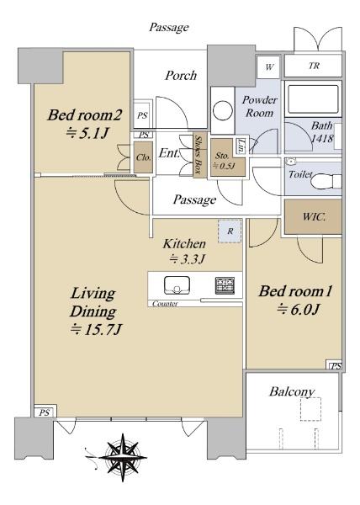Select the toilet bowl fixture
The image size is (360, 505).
click(x=325, y=178)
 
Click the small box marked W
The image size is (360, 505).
click(x=269, y=66)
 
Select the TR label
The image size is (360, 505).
click(x=314, y=66)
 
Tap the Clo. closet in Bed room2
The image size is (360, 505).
click(x=142, y=157)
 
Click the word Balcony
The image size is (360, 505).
click(x=292, y=392)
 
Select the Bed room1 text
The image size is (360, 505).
click(x=295, y=292)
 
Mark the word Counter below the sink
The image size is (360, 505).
click(x=165, y=302)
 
